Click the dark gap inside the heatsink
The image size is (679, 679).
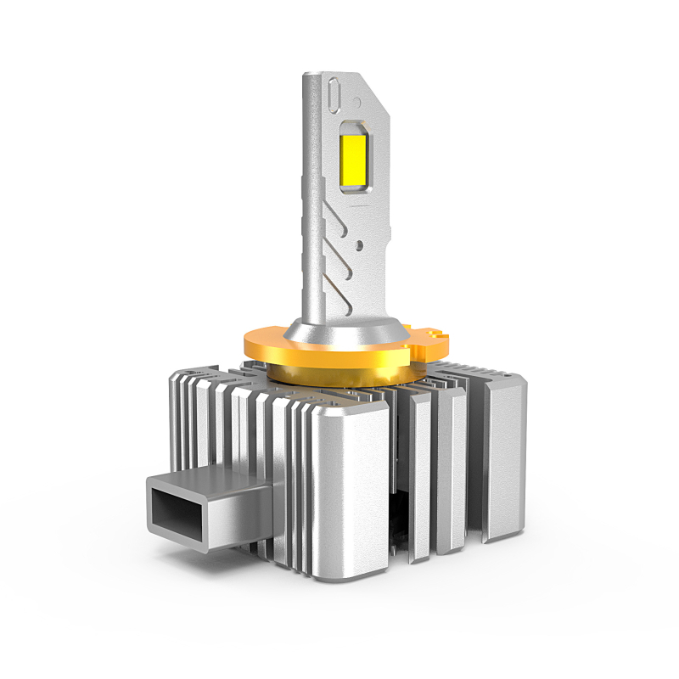point(397,518)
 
